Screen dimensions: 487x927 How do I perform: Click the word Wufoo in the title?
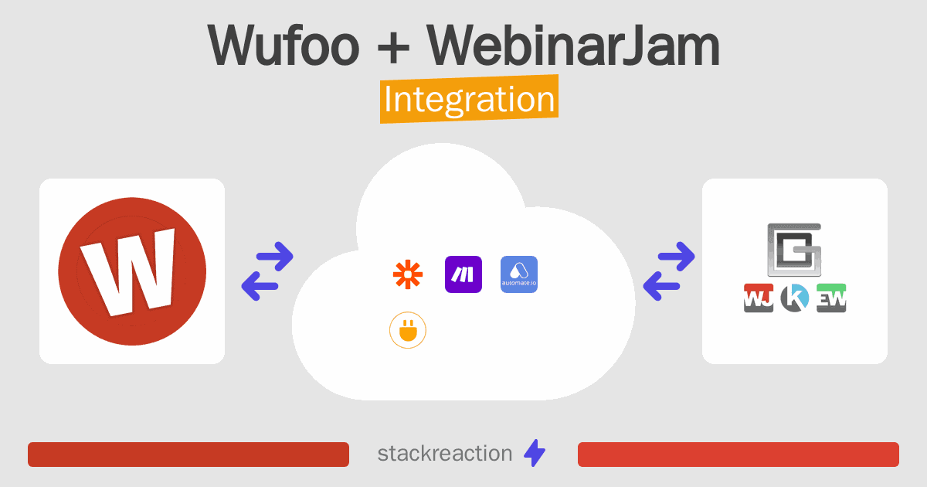click(x=283, y=46)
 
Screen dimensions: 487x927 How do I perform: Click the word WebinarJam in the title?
click(x=575, y=46)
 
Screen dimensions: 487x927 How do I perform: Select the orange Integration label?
click(x=469, y=100)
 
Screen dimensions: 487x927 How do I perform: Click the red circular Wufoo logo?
click(x=132, y=271)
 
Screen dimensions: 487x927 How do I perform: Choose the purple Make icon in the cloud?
click(x=463, y=274)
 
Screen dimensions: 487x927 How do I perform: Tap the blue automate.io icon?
click(x=519, y=274)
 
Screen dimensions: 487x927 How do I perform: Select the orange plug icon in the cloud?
click(x=408, y=332)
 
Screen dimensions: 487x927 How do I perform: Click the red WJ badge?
click(x=759, y=298)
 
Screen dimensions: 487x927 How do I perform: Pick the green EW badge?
click(x=831, y=298)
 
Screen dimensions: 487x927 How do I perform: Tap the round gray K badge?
click(x=794, y=298)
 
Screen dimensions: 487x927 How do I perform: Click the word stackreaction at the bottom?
click(x=444, y=454)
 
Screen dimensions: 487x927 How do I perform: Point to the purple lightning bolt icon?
click(x=535, y=454)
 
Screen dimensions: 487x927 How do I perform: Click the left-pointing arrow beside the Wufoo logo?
click(x=261, y=287)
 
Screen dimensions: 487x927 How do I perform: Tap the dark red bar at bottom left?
click(x=188, y=455)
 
